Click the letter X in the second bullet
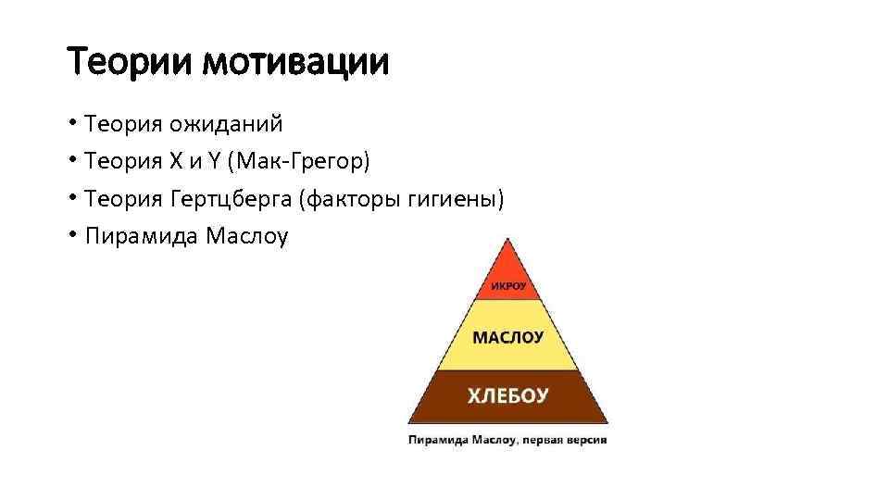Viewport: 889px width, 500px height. (x=177, y=162)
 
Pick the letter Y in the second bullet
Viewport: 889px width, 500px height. (x=216, y=162)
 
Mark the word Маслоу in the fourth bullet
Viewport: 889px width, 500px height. (x=247, y=237)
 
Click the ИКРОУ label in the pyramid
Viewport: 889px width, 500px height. (x=507, y=287)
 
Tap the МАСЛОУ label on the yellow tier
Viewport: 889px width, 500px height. (x=507, y=338)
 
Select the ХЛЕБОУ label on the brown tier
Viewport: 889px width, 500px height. (x=507, y=396)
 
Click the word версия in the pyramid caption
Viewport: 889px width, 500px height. (x=585, y=440)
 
